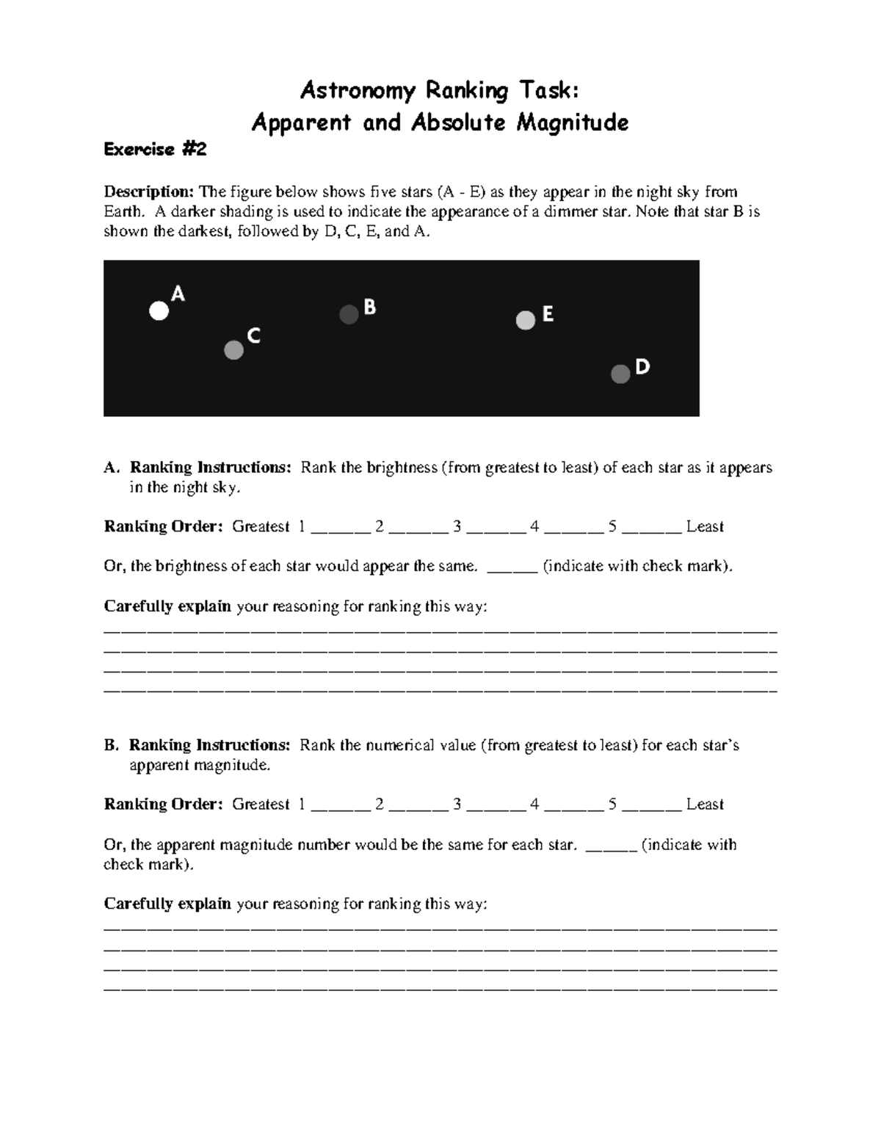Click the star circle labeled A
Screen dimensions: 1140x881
(x=159, y=311)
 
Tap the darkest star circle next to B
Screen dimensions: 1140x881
(x=349, y=315)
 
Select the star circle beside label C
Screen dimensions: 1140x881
(x=233, y=350)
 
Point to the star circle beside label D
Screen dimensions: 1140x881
(x=620, y=374)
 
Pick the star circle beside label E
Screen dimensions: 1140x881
(x=526, y=321)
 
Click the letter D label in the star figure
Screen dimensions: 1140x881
(x=642, y=366)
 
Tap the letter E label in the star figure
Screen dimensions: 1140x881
(x=548, y=314)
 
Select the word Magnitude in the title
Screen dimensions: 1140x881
(x=572, y=122)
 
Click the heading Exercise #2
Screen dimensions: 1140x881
(x=155, y=150)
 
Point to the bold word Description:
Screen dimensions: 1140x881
(x=148, y=192)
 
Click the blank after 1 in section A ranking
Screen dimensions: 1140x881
(x=341, y=529)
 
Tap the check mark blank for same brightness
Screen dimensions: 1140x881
(x=512, y=568)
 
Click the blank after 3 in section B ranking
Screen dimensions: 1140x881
(x=496, y=806)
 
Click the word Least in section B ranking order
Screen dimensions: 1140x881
(x=705, y=805)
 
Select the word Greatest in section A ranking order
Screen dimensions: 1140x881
(x=261, y=527)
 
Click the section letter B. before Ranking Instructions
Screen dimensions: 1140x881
(x=111, y=746)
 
